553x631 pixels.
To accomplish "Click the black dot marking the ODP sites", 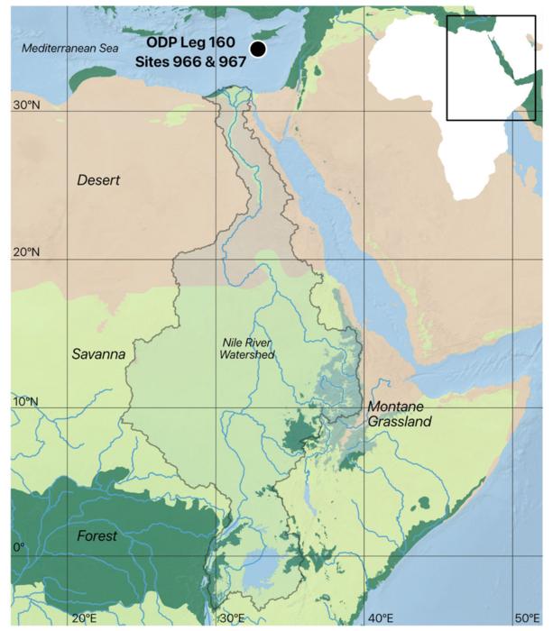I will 258,50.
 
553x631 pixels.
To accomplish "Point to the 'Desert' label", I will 98,180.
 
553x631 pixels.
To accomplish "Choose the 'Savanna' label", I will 97,355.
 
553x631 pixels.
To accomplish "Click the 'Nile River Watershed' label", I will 247,348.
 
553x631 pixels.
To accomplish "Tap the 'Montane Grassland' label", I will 400,414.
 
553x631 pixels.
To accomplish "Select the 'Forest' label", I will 97,535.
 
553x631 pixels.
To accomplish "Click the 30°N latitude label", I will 26,105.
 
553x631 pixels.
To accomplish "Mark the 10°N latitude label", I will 26,401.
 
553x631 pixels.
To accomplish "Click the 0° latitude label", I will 19,547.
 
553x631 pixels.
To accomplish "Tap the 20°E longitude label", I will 84,617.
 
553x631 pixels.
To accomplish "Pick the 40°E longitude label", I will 381,617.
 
